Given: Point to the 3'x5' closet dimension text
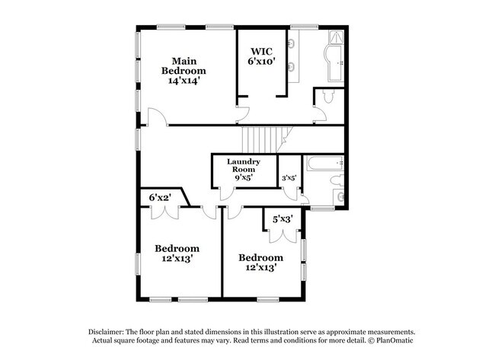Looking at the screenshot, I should (x=288, y=178).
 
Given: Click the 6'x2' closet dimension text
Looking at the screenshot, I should (x=160, y=198).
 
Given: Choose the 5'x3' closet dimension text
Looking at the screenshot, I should (x=283, y=220).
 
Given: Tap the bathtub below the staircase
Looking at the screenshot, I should (x=320, y=163).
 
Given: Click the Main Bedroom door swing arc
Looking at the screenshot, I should (x=155, y=117).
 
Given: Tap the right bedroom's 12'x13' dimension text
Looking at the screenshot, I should (x=260, y=268).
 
